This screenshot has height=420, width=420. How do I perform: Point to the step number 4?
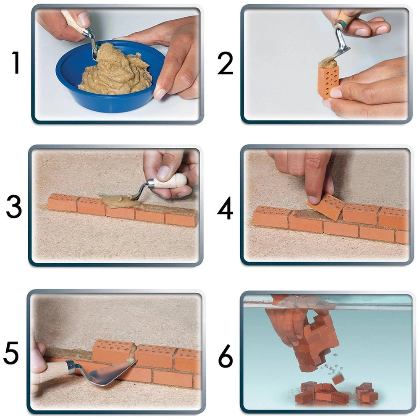point(225,208)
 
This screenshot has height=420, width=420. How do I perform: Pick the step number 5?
point(13,354)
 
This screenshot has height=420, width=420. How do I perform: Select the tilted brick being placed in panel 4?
point(326,206)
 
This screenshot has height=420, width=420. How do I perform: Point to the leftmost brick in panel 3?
point(63,202)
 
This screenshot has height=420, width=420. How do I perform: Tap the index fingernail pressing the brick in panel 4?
point(313,199)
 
